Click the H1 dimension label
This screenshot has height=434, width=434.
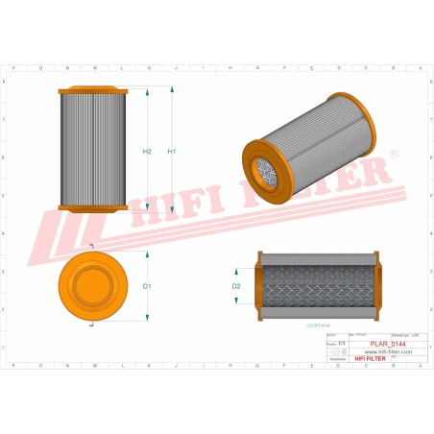point(173,152)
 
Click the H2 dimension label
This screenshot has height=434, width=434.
point(147,152)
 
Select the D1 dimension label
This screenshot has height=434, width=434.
point(147,286)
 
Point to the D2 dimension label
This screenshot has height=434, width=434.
point(236,286)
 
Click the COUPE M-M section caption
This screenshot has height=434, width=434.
point(320,326)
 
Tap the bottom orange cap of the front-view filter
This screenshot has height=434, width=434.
point(92,207)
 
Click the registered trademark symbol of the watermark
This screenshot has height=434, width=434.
point(394,154)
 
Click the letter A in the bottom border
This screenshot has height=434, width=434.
point(419,367)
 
